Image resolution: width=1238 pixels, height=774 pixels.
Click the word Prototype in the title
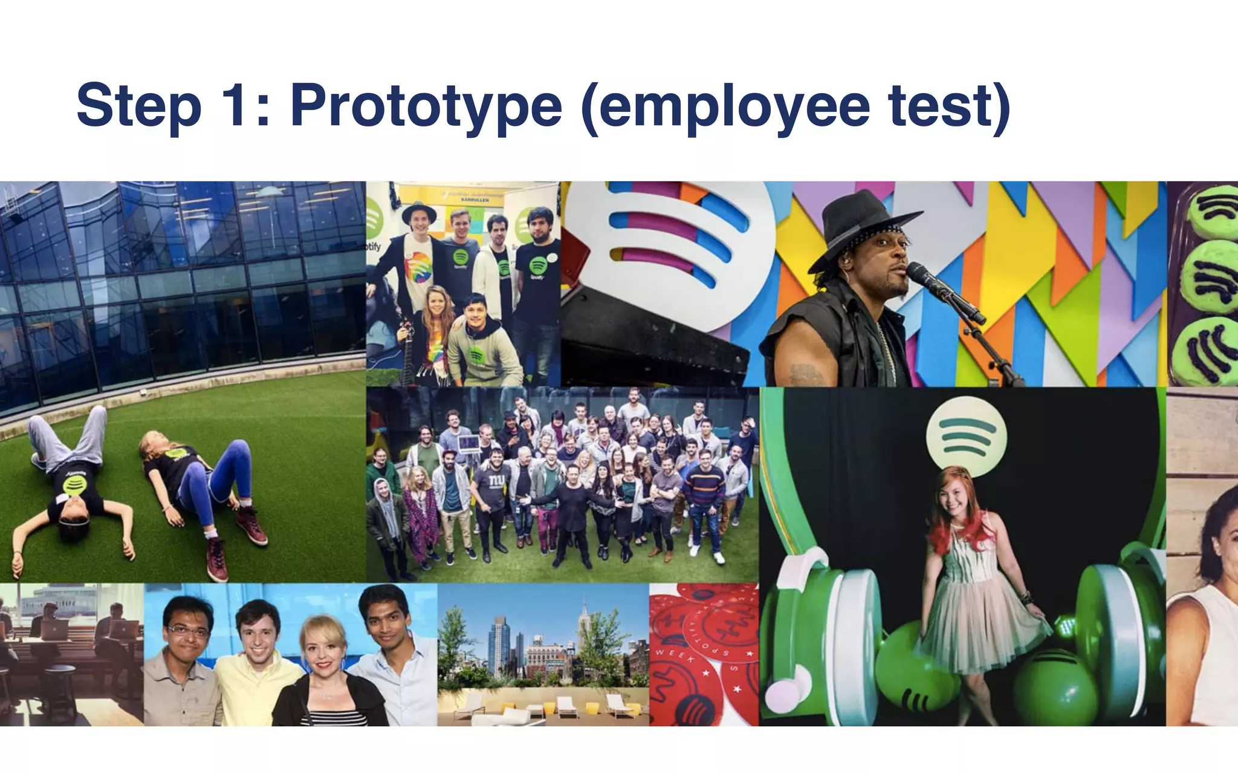(426, 106)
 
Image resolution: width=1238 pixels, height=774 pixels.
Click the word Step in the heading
(138, 106)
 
